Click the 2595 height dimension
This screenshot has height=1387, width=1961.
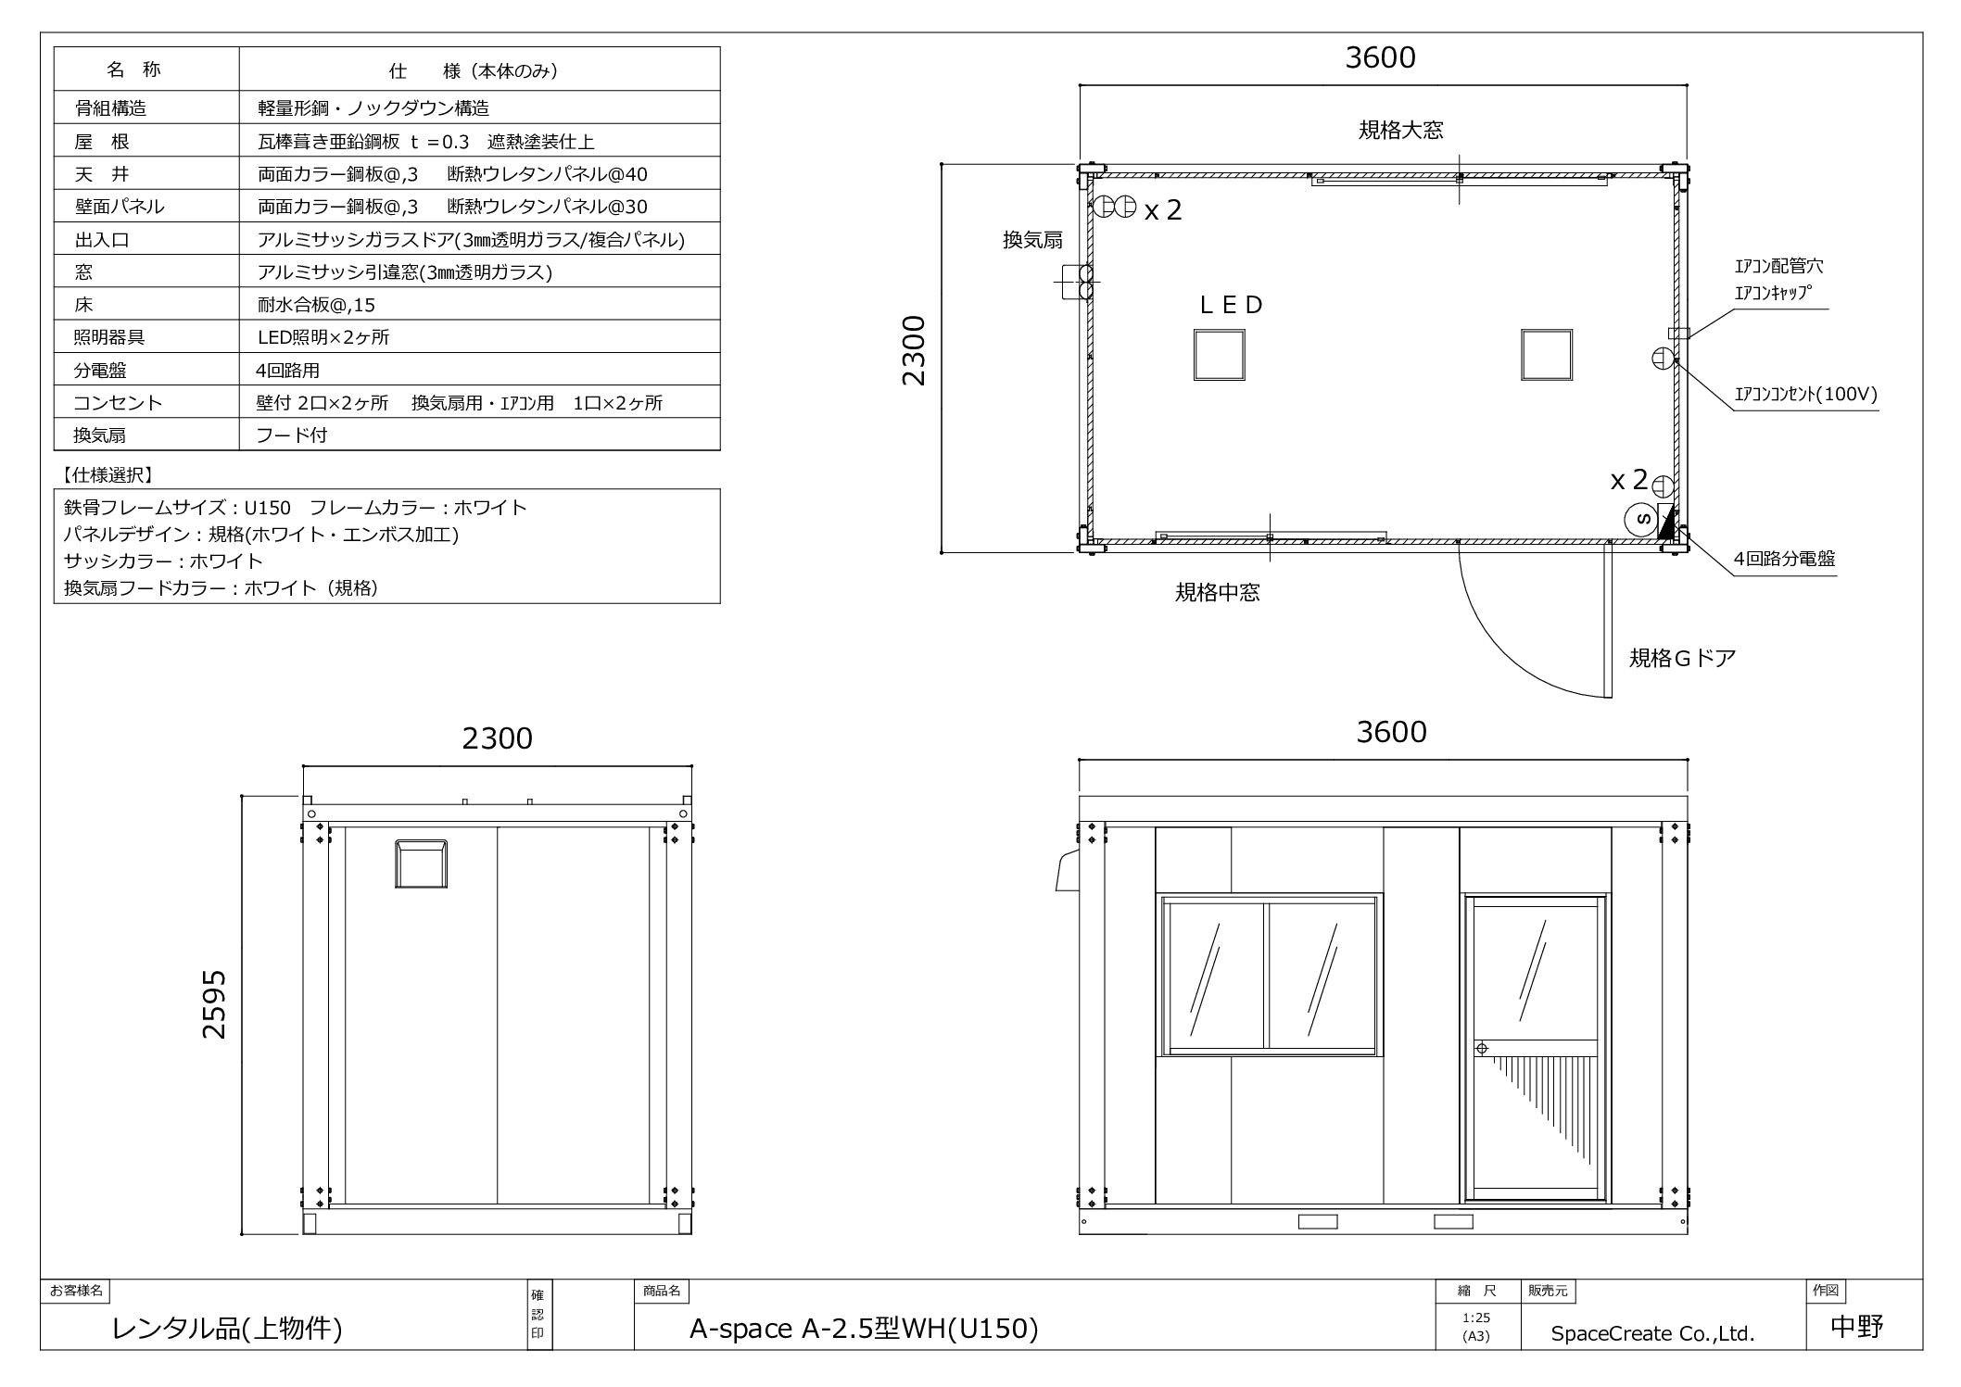click(x=214, y=1003)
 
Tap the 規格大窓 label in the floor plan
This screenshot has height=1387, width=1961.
click(x=1400, y=130)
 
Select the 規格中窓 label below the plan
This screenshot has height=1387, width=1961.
click(x=1218, y=593)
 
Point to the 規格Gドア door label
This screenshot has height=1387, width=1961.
click(x=1682, y=658)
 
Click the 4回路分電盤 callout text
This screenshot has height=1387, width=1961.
click(x=1784, y=559)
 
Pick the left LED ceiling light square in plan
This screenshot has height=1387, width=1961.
click(x=1219, y=355)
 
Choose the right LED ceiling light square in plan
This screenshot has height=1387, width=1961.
click(x=1546, y=355)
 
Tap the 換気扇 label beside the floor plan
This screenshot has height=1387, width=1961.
click(x=1032, y=240)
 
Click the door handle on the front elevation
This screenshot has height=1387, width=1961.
click(x=1481, y=1048)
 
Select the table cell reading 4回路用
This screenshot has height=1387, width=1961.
click(x=288, y=371)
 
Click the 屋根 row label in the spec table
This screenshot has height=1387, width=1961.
click(x=102, y=142)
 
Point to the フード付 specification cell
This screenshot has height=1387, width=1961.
click(x=292, y=435)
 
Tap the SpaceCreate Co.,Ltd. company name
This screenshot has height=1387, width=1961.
click(x=1653, y=1333)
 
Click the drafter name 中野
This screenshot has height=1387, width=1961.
click(x=1856, y=1327)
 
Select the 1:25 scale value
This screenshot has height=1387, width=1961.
click(x=1476, y=1318)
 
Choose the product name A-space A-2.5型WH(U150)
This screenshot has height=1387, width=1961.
click(x=864, y=1330)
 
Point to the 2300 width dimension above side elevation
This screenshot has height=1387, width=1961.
click(x=497, y=738)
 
